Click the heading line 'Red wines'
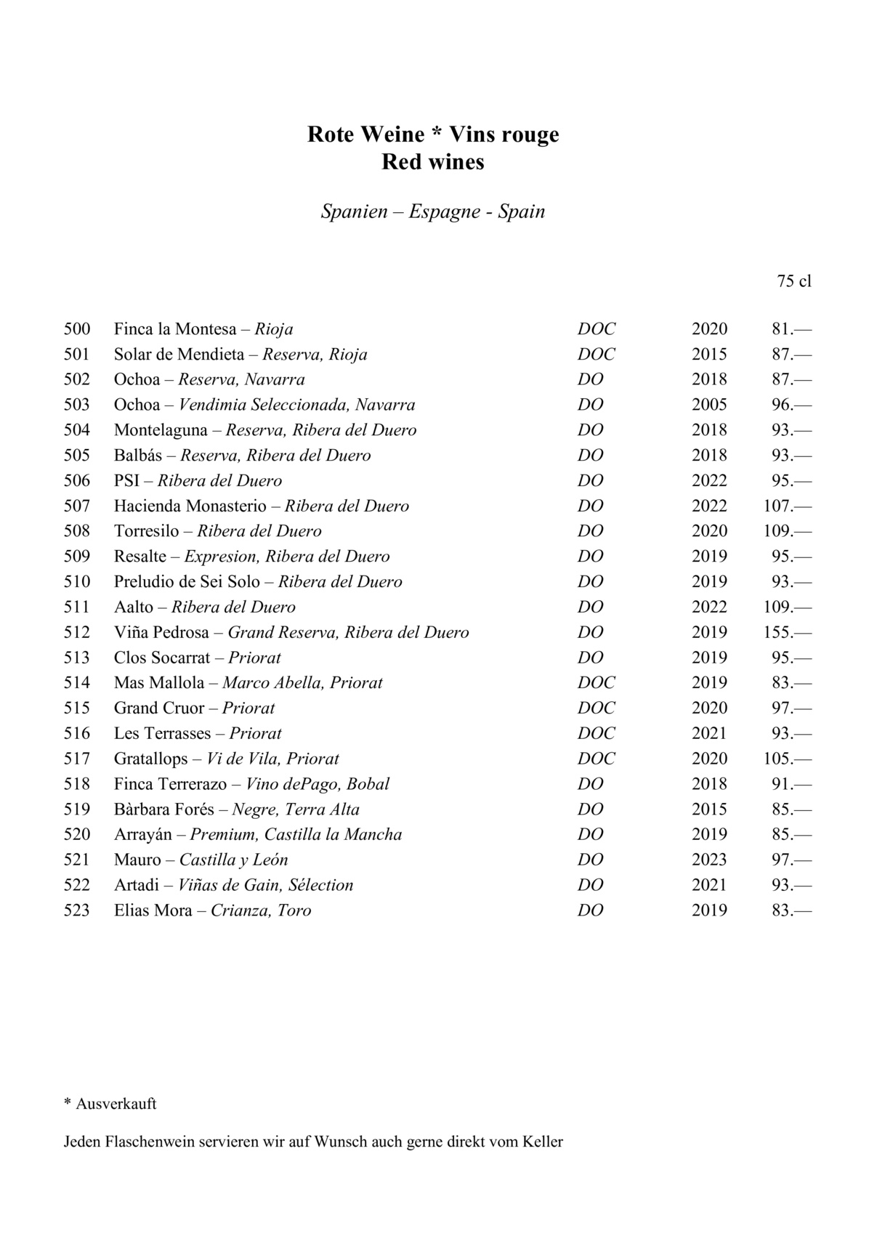click(433, 161)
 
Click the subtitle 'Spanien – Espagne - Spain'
click(433, 211)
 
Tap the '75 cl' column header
click(793, 280)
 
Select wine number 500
click(77, 329)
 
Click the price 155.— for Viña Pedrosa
click(787, 632)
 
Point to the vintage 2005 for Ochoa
click(709, 405)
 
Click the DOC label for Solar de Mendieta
click(596, 355)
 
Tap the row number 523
click(77, 910)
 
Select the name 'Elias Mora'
click(153, 910)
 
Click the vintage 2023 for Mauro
click(709, 860)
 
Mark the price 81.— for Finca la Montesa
click(791, 329)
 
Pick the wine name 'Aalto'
click(134, 607)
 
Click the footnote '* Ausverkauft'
click(110, 1104)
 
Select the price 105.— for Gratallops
click(787, 759)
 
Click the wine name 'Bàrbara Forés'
click(163, 809)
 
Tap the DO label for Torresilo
click(590, 531)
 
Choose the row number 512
click(77, 632)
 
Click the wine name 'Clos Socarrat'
click(162, 658)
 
